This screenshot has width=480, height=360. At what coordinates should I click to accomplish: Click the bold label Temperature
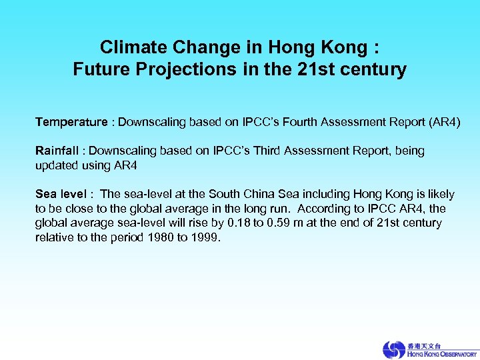click(71, 122)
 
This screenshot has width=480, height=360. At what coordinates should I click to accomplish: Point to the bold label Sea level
click(61, 194)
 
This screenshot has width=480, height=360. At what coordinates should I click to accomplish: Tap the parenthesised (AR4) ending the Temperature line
click(441, 122)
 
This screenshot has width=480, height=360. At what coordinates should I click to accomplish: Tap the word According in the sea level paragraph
click(322, 208)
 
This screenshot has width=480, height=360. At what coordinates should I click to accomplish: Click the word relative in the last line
click(55, 237)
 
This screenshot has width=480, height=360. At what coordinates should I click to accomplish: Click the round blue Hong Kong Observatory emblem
click(393, 349)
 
